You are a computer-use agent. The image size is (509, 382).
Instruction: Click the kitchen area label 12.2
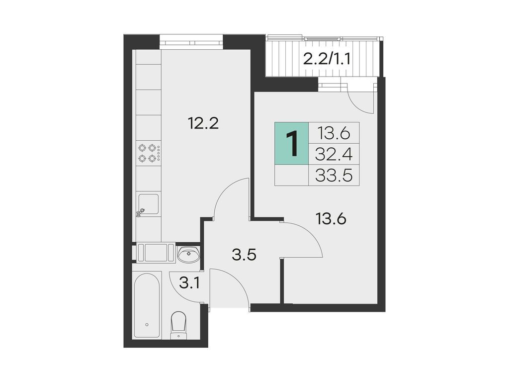point(204,122)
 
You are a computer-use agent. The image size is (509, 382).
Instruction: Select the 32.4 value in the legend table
point(334,155)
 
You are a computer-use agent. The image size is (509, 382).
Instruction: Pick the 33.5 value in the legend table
point(334,175)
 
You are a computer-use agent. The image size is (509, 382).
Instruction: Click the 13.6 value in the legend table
point(334,133)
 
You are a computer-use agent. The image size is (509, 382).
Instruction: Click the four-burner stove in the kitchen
point(149,153)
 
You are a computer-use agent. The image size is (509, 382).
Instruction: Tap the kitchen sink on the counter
point(148,204)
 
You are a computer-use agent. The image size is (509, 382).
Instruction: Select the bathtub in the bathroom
point(147,304)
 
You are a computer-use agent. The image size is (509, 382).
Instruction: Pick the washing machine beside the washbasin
point(156,252)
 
